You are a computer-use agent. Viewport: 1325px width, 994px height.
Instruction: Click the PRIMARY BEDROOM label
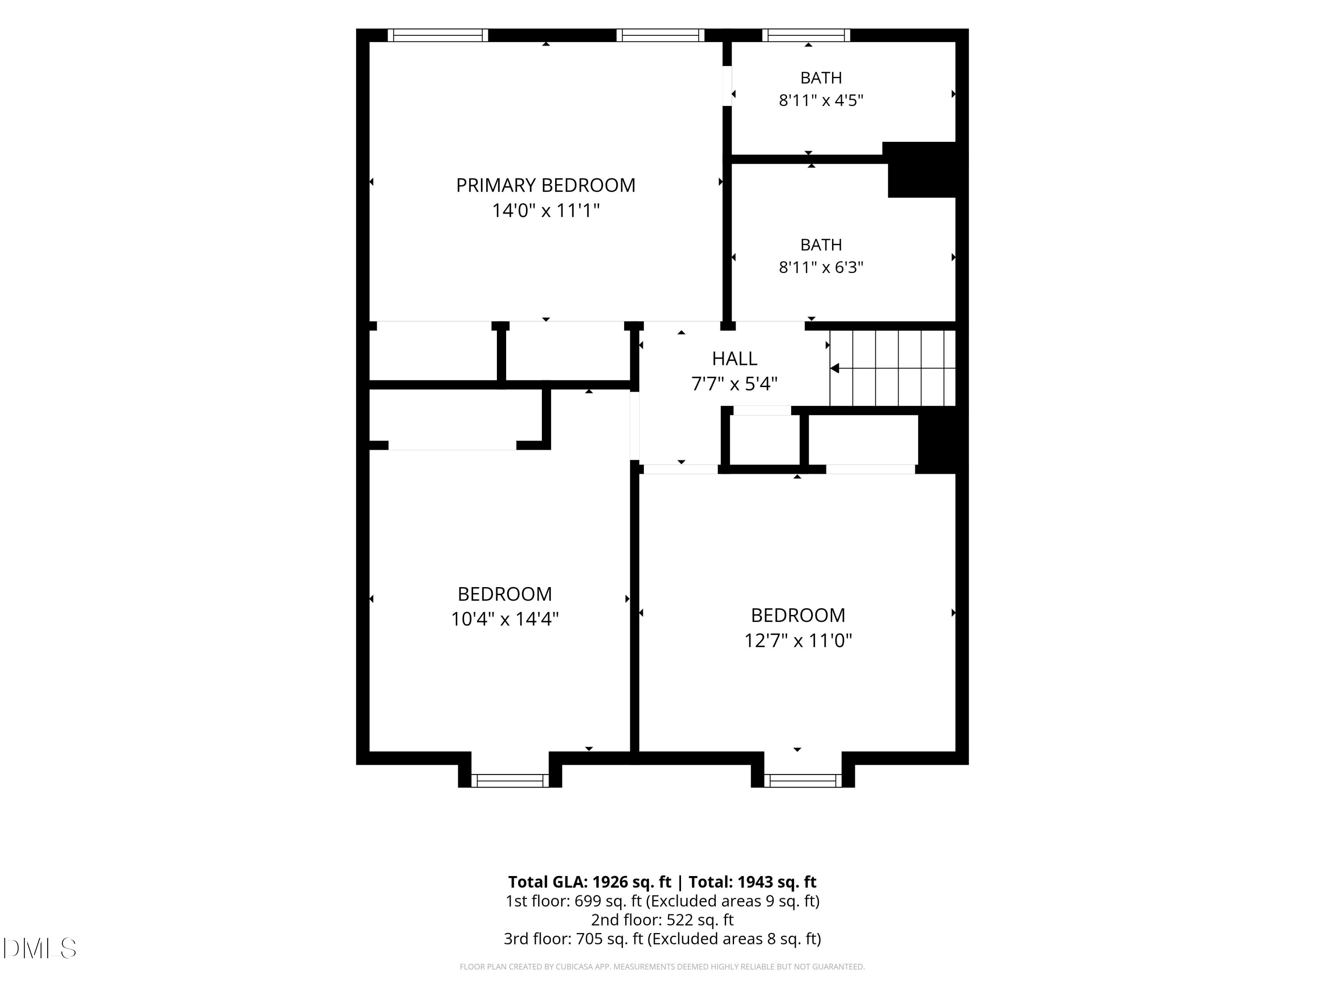546,185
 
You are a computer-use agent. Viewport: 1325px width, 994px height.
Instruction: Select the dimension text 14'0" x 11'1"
546,211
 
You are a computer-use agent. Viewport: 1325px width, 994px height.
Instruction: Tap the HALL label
734,358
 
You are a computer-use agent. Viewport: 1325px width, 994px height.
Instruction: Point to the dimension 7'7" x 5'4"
734,383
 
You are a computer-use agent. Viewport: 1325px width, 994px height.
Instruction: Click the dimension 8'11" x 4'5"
821,100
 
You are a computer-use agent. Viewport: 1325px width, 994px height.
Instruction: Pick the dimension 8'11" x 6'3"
821,267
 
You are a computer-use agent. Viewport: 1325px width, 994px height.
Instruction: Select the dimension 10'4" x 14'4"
505,619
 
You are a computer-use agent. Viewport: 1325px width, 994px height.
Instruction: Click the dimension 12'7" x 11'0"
798,641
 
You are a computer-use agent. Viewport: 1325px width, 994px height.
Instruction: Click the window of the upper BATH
806,35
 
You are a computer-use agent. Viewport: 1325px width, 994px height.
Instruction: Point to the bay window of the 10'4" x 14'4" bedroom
510,781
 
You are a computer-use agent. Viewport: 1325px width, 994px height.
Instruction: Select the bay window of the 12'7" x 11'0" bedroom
803,781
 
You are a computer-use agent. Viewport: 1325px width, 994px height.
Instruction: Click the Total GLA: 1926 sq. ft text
590,882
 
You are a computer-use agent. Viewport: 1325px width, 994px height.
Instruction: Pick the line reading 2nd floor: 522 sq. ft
662,920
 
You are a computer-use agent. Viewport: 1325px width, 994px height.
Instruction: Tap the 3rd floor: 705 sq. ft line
662,938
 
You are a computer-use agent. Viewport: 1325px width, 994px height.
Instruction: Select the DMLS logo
40,948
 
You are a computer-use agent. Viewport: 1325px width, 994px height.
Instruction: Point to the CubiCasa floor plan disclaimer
662,967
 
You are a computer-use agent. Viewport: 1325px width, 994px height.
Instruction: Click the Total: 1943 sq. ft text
752,882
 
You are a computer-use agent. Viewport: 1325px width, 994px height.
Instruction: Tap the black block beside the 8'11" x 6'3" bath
921,170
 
